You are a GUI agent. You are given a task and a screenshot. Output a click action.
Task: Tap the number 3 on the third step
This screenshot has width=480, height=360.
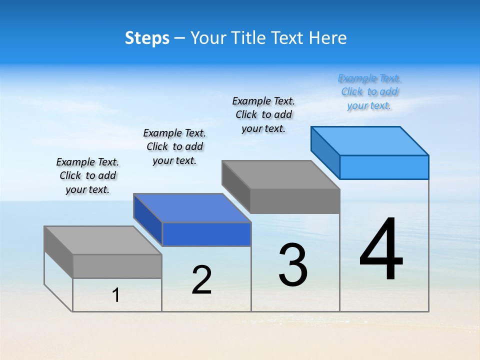(293, 265)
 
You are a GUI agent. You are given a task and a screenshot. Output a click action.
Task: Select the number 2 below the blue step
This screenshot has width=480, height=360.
(201, 280)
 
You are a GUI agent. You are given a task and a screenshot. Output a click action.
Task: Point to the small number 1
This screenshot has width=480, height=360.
(116, 295)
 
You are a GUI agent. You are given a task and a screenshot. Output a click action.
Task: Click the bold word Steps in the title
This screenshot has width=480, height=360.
(147, 38)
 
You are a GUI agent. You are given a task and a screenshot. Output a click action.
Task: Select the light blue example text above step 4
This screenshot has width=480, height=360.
(369, 92)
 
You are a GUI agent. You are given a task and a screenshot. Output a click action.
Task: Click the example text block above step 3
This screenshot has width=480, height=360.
(263, 114)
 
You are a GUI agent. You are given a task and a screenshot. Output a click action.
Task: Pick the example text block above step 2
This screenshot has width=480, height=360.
(174, 146)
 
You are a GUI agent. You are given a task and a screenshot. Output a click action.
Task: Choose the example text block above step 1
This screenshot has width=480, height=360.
(87, 175)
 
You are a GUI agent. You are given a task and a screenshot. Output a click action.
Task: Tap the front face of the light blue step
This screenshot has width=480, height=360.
(384, 167)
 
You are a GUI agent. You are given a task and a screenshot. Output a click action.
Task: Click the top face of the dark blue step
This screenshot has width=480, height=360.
(192, 207)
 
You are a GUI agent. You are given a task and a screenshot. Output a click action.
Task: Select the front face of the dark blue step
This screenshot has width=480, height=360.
(206, 234)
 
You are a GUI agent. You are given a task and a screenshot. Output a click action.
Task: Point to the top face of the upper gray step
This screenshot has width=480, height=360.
(281, 174)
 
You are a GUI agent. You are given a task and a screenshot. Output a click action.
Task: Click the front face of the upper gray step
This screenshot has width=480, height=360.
(295, 201)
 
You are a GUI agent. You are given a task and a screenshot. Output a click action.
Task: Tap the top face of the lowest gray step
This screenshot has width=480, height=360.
(103, 240)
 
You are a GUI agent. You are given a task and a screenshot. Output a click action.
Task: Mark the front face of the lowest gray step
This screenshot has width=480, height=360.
(117, 266)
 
